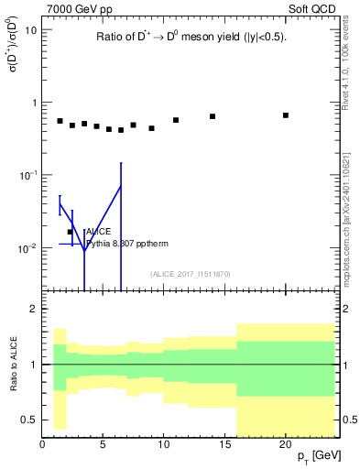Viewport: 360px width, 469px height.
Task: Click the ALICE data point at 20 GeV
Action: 286,115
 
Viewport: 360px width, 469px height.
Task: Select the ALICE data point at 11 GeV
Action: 176,120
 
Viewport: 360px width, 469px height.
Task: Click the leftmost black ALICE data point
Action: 60,121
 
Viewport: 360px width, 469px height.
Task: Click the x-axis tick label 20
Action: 286,445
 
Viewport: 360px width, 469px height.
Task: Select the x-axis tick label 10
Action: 164,445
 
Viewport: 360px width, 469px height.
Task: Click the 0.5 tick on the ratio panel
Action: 29,420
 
